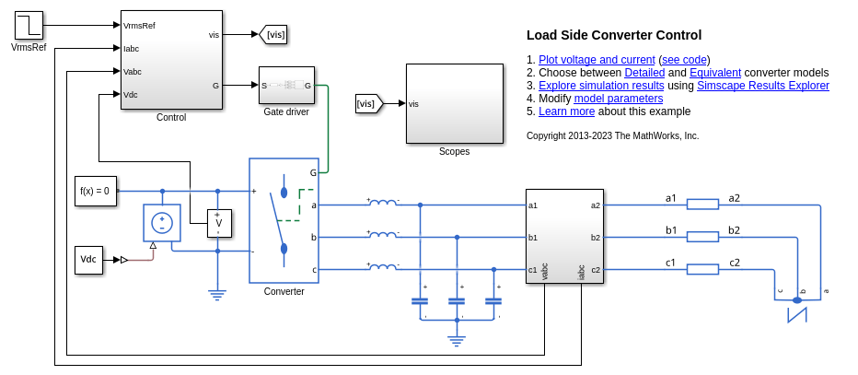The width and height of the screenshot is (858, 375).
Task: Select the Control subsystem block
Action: click(171, 60)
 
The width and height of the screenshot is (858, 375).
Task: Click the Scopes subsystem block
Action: click(454, 103)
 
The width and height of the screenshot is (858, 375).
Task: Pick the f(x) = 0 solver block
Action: click(96, 191)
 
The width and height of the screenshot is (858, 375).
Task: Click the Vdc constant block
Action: click(88, 260)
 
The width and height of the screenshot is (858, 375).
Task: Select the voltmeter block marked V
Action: click(218, 223)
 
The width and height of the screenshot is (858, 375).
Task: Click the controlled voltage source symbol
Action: click(162, 223)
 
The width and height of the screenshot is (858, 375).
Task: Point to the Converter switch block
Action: click(284, 220)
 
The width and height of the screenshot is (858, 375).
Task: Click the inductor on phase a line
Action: click(383, 204)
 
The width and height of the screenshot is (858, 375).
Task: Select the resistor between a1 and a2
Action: click(702, 205)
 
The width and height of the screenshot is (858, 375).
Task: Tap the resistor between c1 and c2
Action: click(702, 269)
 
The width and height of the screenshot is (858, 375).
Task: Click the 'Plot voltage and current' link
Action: click(597, 60)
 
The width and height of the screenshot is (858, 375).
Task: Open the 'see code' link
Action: click(684, 60)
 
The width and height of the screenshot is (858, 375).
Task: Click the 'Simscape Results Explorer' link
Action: click(763, 86)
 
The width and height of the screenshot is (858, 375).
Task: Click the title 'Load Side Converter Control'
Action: click(614, 36)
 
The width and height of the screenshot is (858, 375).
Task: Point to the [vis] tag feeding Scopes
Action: click(368, 104)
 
